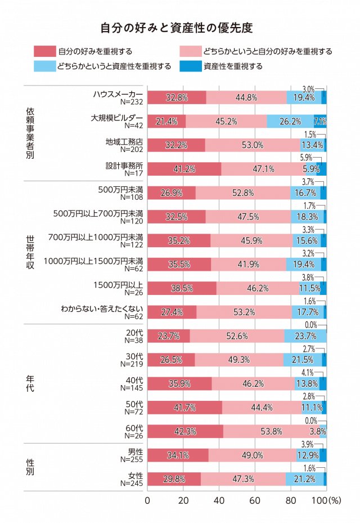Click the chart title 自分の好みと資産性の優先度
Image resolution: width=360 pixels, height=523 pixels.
click(180, 28)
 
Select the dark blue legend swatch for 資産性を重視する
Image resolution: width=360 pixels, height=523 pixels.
click(191, 66)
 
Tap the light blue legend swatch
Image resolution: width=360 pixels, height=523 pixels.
click(45, 66)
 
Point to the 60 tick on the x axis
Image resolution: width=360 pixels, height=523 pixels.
click(255, 500)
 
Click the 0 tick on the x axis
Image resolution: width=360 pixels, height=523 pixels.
click(148, 500)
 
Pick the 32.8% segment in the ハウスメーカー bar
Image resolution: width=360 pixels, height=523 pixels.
click(177, 97)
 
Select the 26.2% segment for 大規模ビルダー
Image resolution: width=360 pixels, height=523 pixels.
click(290, 121)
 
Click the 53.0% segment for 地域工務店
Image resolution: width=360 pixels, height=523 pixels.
click(253, 145)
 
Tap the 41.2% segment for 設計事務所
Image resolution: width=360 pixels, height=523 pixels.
click(184, 168)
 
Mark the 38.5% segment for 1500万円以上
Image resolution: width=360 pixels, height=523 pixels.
click(182, 288)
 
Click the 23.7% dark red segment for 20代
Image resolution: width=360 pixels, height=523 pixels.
click(169, 336)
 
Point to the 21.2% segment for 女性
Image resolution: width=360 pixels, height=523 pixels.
click(304, 479)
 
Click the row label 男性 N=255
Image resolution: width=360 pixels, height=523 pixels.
click(131, 455)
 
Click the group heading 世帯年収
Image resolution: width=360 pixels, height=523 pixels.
click(30, 252)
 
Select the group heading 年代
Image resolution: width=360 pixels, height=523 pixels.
click(30, 383)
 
